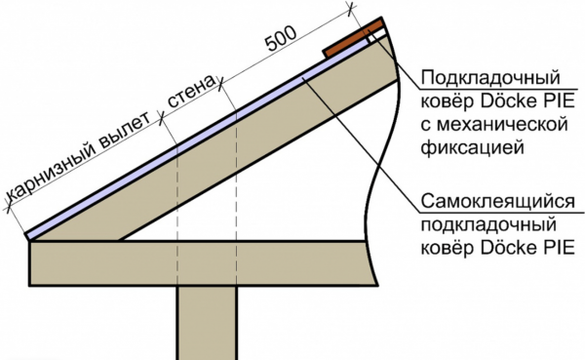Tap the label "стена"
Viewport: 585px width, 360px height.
(192, 97)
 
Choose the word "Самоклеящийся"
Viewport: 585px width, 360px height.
(492, 202)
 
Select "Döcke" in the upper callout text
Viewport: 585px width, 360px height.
(500, 101)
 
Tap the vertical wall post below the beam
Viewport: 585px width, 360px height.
(205, 322)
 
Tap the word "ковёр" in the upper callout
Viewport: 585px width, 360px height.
(444, 101)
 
